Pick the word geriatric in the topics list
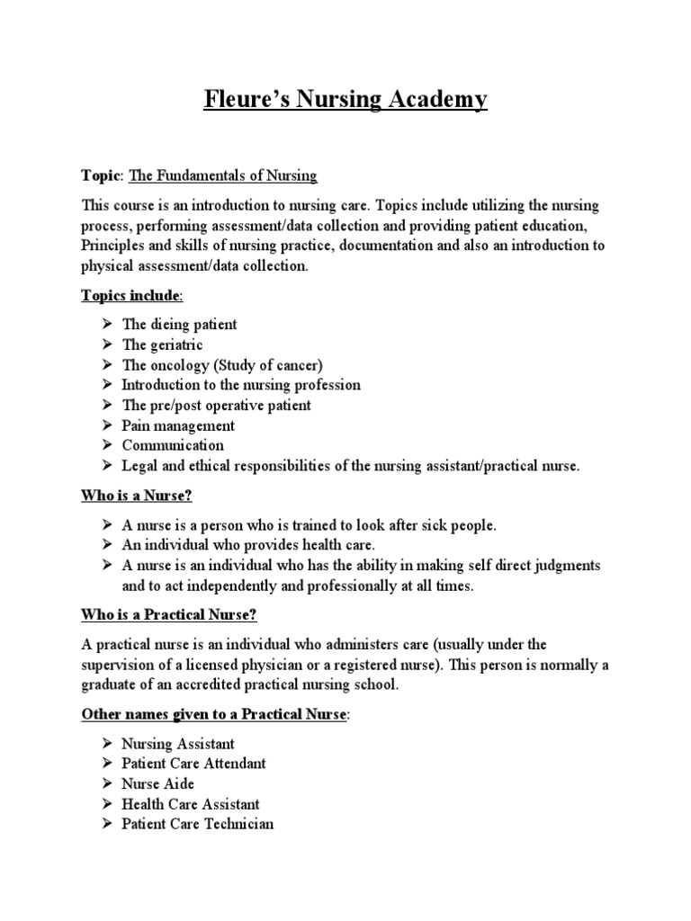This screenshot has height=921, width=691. [x=176, y=344]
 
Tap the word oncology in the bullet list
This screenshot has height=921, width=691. [x=179, y=365]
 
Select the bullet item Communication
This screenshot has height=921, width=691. [x=173, y=445]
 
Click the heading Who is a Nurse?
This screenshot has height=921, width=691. [x=137, y=496]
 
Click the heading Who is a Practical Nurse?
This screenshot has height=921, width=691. [x=169, y=615]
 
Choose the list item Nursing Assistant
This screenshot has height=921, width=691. [x=178, y=744]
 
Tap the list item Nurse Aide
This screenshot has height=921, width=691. [x=158, y=783]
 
